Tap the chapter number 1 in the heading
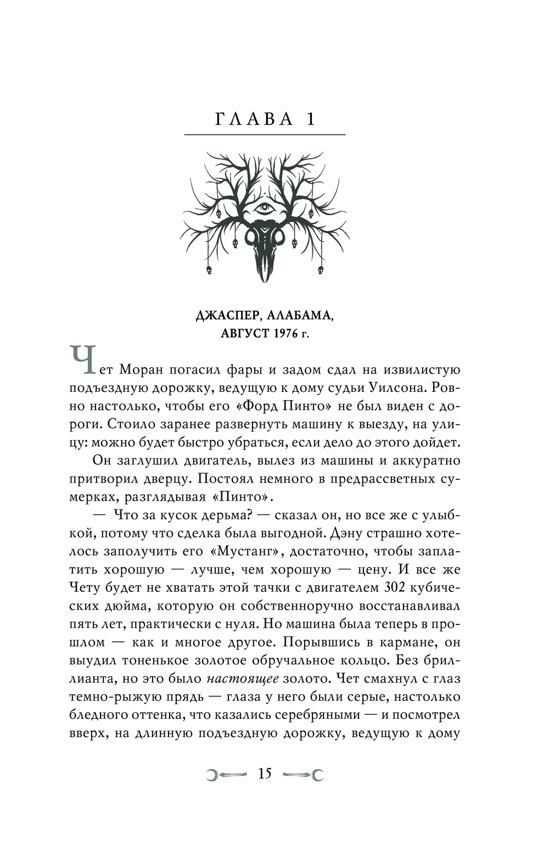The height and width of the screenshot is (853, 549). (x=311, y=119)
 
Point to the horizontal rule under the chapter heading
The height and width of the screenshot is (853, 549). (x=265, y=135)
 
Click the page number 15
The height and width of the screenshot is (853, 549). (x=265, y=774)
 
